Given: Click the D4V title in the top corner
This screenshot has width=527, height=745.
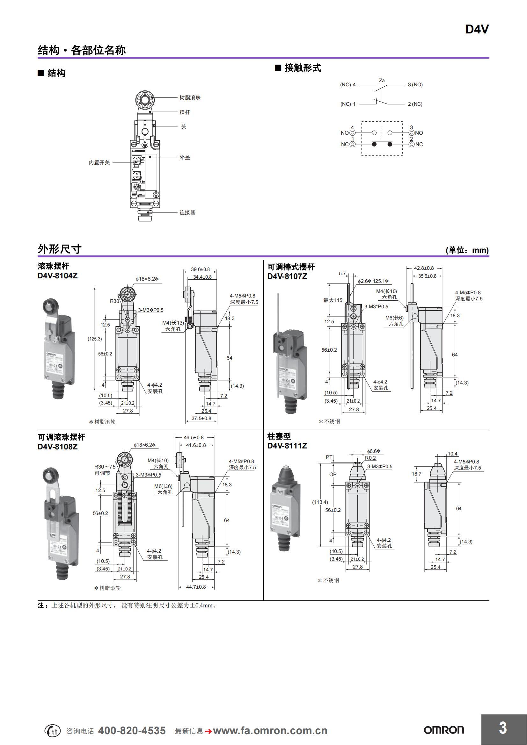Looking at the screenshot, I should pyautogui.click(x=477, y=30).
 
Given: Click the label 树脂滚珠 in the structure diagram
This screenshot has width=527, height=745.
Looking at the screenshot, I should pyautogui.click(x=190, y=98).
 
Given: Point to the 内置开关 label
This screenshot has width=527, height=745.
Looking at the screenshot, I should pyautogui.click(x=99, y=162).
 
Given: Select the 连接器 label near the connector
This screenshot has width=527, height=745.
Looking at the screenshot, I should pyautogui.click(x=187, y=212).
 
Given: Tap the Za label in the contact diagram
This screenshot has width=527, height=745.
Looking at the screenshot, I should pyautogui.click(x=382, y=81).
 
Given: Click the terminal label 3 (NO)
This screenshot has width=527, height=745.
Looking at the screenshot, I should pyautogui.click(x=415, y=85).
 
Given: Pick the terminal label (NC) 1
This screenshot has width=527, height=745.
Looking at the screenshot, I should pyautogui.click(x=348, y=104).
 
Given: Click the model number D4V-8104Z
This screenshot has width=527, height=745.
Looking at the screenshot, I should pyautogui.click(x=57, y=276).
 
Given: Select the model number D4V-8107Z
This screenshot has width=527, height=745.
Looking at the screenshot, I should pyautogui.click(x=287, y=276).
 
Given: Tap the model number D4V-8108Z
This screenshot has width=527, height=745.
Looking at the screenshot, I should pyautogui.click(x=57, y=447).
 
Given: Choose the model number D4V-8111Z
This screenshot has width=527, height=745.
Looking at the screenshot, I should pyautogui.click(x=287, y=446).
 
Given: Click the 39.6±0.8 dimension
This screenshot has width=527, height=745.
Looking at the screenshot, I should pyautogui.click(x=200, y=269).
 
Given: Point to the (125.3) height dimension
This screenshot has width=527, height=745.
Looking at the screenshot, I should pyautogui.click(x=94, y=339).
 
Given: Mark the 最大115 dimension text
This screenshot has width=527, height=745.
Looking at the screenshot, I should pyautogui.click(x=333, y=300).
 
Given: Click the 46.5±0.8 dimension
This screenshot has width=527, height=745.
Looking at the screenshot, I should pyautogui.click(x=194, y=437).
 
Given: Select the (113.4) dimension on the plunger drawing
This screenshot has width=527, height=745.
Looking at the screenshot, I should pyautogui.click(x=320, y=502).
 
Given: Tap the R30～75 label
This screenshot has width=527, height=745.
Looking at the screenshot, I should pyautogui.click(x=105, y=467).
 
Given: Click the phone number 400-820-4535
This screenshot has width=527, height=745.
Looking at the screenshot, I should pyautogui.click(x=132, y=730).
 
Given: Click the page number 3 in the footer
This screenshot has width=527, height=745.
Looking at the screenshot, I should pyautogui.click(x=503, y=728).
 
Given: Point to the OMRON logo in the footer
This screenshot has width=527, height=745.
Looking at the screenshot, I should pyautogui.click(x=443, y=730).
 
